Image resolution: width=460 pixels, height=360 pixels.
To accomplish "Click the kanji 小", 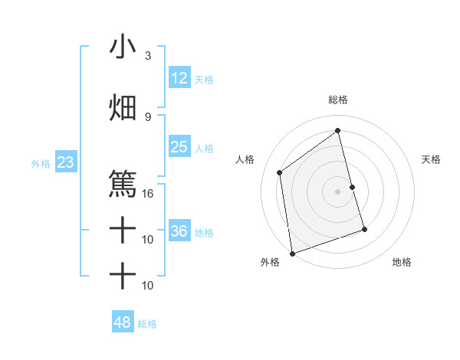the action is (123, 47).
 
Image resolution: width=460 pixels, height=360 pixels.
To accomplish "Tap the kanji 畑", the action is (123, 108).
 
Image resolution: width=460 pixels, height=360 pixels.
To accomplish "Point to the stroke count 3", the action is (148, 56).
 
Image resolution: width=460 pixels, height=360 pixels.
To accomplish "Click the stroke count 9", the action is (148, 117).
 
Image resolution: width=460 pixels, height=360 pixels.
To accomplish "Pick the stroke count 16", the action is (148, 194).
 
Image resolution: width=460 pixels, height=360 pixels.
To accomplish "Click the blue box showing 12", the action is (179, 78).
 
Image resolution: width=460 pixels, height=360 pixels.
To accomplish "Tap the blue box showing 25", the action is (179, 147).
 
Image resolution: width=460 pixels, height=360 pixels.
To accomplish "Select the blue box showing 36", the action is (179, 231).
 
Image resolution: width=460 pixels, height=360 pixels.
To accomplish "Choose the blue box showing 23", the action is (65, 162).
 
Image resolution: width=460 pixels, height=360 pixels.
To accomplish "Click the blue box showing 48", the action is (123, 322).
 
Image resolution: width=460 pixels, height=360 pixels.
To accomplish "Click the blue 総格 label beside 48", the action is (147, 324).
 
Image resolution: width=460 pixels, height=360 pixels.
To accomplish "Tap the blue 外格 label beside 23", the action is (40, 163).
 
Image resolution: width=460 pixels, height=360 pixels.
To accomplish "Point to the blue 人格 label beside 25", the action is (204, 148).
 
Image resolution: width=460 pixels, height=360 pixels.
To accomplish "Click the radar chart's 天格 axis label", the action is (432, 159).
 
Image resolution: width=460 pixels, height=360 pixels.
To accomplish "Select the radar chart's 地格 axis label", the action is (402, 263).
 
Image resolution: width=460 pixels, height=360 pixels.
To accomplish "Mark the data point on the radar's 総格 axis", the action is (338, 130).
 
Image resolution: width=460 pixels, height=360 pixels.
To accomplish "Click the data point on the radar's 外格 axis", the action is (291, 254).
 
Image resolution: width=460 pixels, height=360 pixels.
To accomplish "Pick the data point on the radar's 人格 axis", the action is (280, 172).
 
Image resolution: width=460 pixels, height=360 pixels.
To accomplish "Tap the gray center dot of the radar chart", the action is (338, 191).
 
